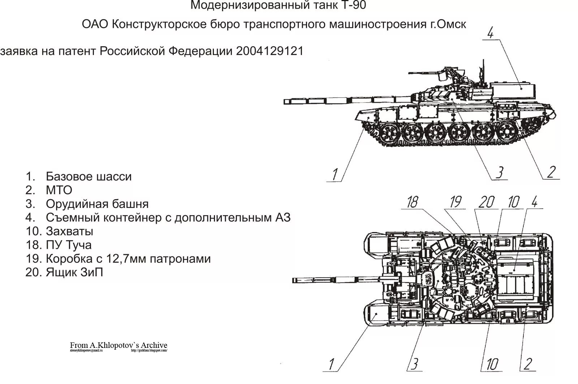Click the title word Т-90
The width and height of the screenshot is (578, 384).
tap(353, 5)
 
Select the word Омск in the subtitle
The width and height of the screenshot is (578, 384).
tap(452, 24)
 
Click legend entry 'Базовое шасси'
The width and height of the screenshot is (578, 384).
tap(89, 176)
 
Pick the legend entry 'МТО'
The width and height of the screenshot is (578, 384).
tap(59, 190)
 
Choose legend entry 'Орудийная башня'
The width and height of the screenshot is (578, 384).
tap(97, 204)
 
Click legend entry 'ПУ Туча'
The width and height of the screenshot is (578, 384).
tap(69, 245)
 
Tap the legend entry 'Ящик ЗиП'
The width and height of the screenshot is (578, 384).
tap(74, 272)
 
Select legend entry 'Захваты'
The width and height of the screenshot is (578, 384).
tap(69, 231)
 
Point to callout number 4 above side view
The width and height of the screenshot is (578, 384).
tap(490, 33)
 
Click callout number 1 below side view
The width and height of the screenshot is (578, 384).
tap(335, 175)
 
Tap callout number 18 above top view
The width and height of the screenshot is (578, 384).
tap(412, 202)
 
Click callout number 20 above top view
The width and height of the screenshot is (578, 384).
tap(486, 202)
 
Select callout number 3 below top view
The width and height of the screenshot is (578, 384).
tap(415, 364)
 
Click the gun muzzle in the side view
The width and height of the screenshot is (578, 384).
tap(285, 101)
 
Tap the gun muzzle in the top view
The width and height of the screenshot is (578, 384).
tap(294, 280)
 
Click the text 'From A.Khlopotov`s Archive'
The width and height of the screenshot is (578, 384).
tap(118, 345)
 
